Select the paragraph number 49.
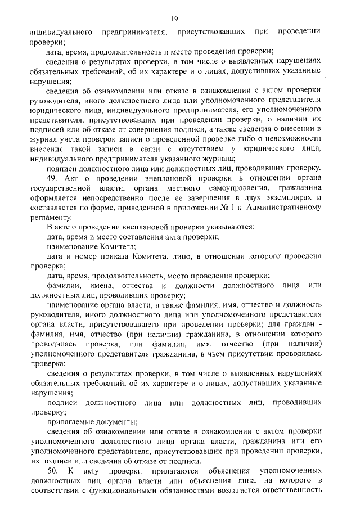point(52,178)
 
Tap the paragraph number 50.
point(53,470)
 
